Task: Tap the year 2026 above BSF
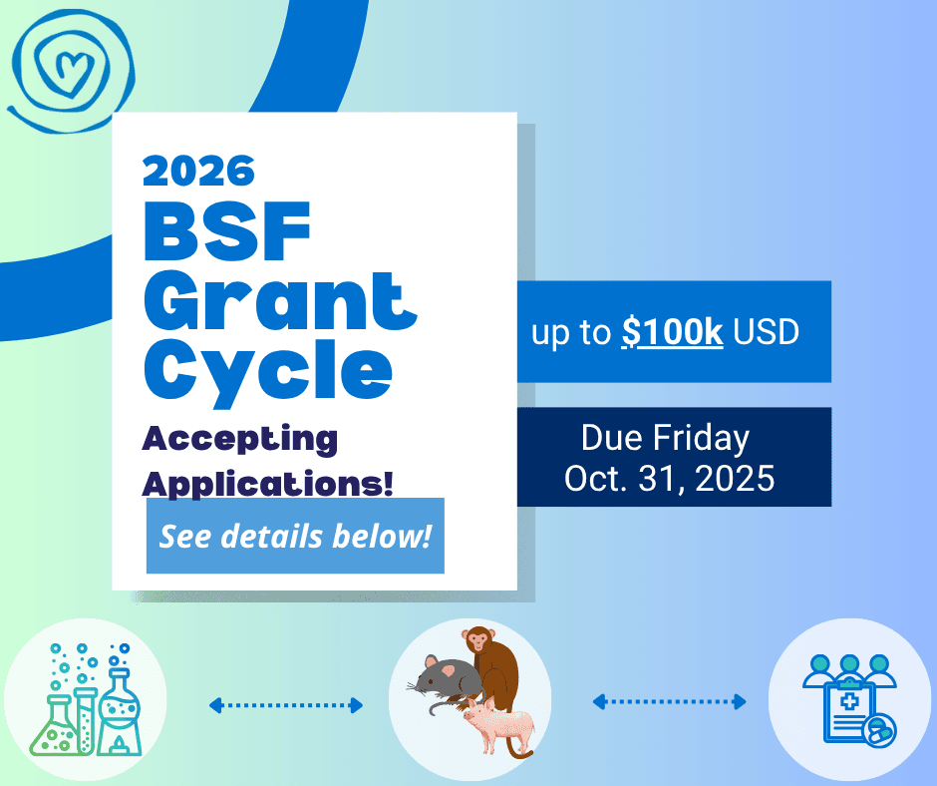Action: pyautogui.click(x=198, y=172)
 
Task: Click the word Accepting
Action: pyautogui.click(x=239, y=440)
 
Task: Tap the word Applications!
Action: pyautogui.click(x=268, y=484)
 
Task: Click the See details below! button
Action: pyautogui.click(x=295, y=536)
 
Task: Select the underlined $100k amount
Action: pyautogui.click(x=672, y=332)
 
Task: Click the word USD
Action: pyautogui.click(x=767, y=332)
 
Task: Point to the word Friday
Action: pyautogui.click(x=701, y=439)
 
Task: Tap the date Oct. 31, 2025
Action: pyautogui.click(x=669, y=479)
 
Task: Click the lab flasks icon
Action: pyautogui.click(x=86, y=700)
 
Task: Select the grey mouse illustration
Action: pyautogui.click(x=447, y=683)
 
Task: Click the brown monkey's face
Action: pyautogui.click(x=478, y=640)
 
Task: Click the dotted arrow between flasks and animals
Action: pyautogui.click(x=286, y=705)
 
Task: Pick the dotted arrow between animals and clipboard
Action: pyautogui.click(x=669, y=701)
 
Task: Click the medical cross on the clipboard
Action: pyautogui.click(x=848, y=701)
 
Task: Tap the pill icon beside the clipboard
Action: pyautogui.click(x=879, y=730)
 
